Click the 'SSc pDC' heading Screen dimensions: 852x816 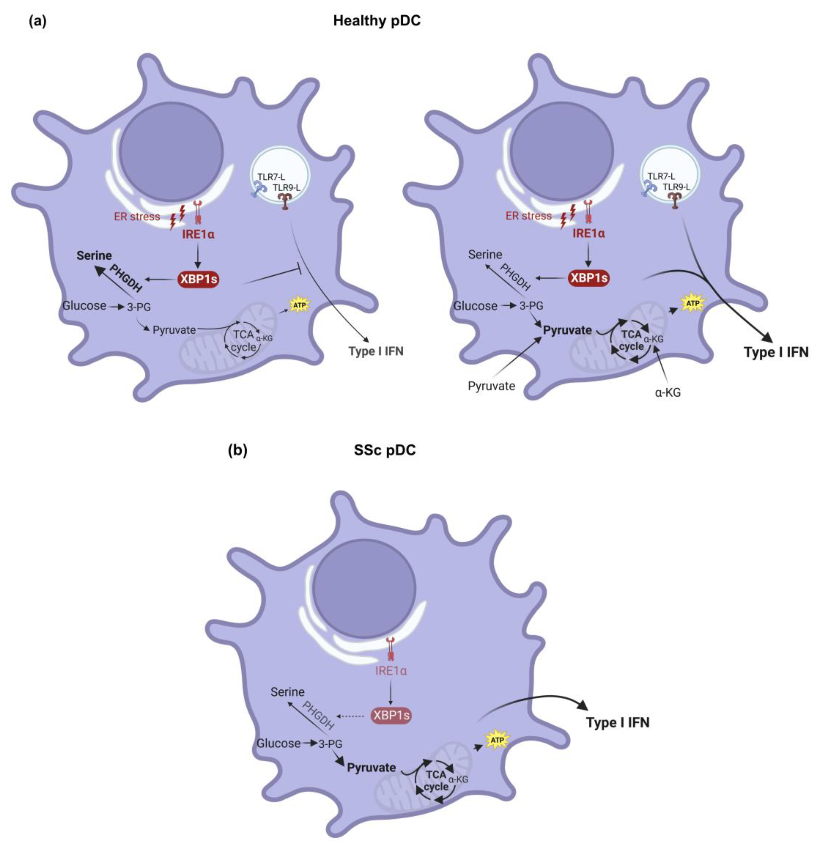click(384, 450)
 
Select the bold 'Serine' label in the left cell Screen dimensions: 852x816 click(94, 255)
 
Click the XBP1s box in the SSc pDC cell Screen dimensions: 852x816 click(391, 715)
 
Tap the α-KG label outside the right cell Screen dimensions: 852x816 click(668, 392)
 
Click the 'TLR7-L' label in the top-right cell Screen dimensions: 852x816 click(661, 176)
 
